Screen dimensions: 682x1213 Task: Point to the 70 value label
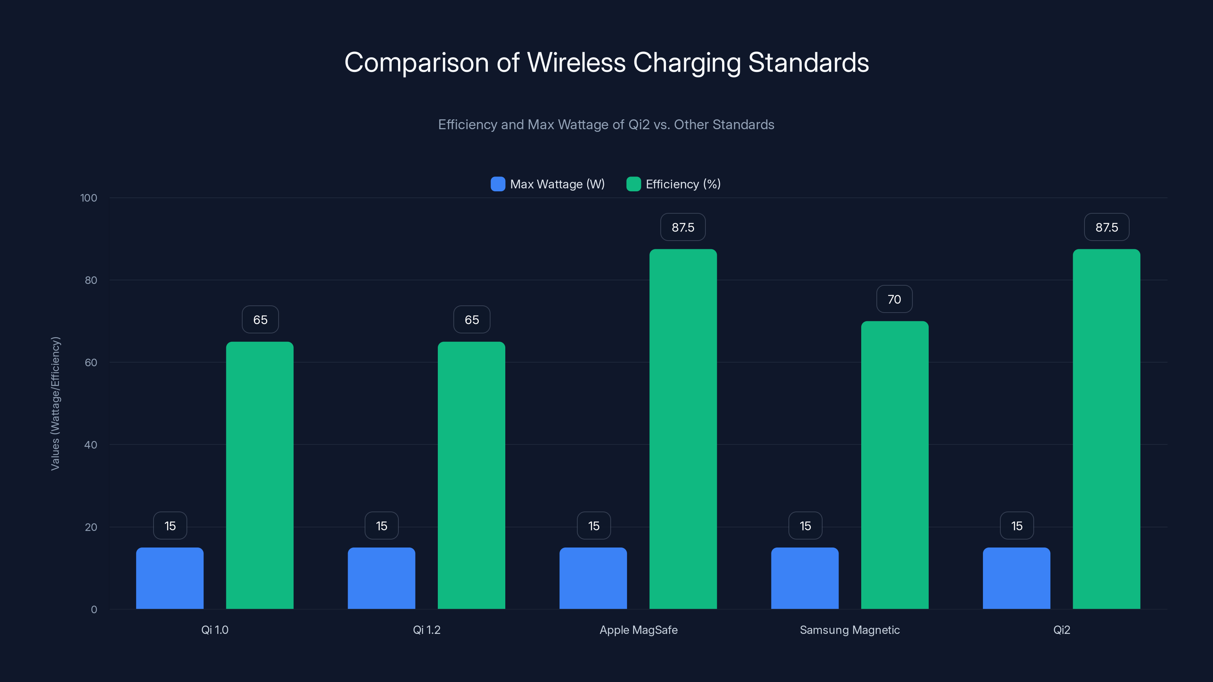click(x=894, y=299)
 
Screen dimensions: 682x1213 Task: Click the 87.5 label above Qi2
click(x=1106, y=227)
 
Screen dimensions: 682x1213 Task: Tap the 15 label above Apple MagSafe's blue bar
click(x=594, y=526)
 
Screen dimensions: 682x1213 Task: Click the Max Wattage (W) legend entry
click(x=548, y=184)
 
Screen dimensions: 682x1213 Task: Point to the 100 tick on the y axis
click(x=89, y=198)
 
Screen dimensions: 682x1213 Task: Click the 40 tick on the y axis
click(x=91, y=445)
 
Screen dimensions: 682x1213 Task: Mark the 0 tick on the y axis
click(x=94, y=610)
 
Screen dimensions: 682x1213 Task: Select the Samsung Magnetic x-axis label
click(x=849, y=630)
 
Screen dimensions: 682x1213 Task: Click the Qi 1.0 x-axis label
click(x=215, y=630)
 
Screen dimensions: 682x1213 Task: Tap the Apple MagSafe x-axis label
click(x=638, y=630)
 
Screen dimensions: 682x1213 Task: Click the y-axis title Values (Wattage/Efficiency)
click(x=55, y=404)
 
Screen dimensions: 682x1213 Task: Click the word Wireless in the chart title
click(x=576, y=63)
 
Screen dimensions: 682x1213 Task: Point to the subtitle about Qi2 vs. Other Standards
click(x=606, y=125)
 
